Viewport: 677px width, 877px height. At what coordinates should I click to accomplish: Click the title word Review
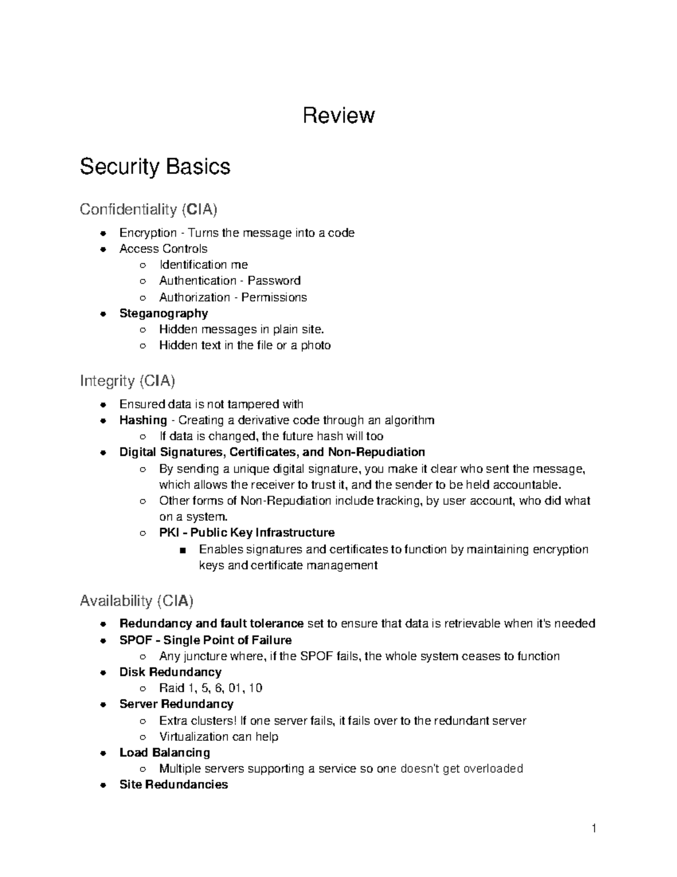[x=338, y=116]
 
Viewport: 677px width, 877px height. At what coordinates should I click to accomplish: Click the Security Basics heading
[x=155, y=167]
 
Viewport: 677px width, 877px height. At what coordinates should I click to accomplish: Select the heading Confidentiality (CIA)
[x=148, y=210]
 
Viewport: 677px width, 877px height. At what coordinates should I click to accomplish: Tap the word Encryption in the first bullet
[x=148, y=233]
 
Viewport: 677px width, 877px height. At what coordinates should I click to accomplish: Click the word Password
[x=274, y=281]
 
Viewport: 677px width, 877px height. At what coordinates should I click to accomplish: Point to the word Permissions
[x=274, y=297]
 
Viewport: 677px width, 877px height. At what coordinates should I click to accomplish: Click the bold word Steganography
[x=164, y=313]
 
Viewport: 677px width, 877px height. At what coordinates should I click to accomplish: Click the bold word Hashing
[x=143, y=420]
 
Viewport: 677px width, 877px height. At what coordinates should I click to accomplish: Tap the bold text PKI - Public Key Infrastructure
[x=247, y=533]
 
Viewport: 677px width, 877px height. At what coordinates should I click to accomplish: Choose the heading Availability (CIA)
[x=137, y=600]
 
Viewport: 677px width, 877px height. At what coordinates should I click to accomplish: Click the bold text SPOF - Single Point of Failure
[x=205, y=640]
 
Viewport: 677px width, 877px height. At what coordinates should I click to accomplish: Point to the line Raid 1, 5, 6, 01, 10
[x=210, y=688]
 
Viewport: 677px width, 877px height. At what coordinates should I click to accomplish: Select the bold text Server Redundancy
[x=176, y=704]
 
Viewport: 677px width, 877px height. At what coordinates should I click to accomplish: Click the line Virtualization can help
[x=218, y=736]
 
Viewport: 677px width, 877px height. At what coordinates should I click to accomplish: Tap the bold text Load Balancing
[x=165, y=753]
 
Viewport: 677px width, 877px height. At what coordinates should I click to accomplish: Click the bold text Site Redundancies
[x=173, y=784]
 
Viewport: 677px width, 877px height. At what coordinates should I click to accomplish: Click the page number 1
[x=594, y=829]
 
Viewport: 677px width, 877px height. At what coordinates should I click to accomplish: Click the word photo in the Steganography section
[x=315, y=345]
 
